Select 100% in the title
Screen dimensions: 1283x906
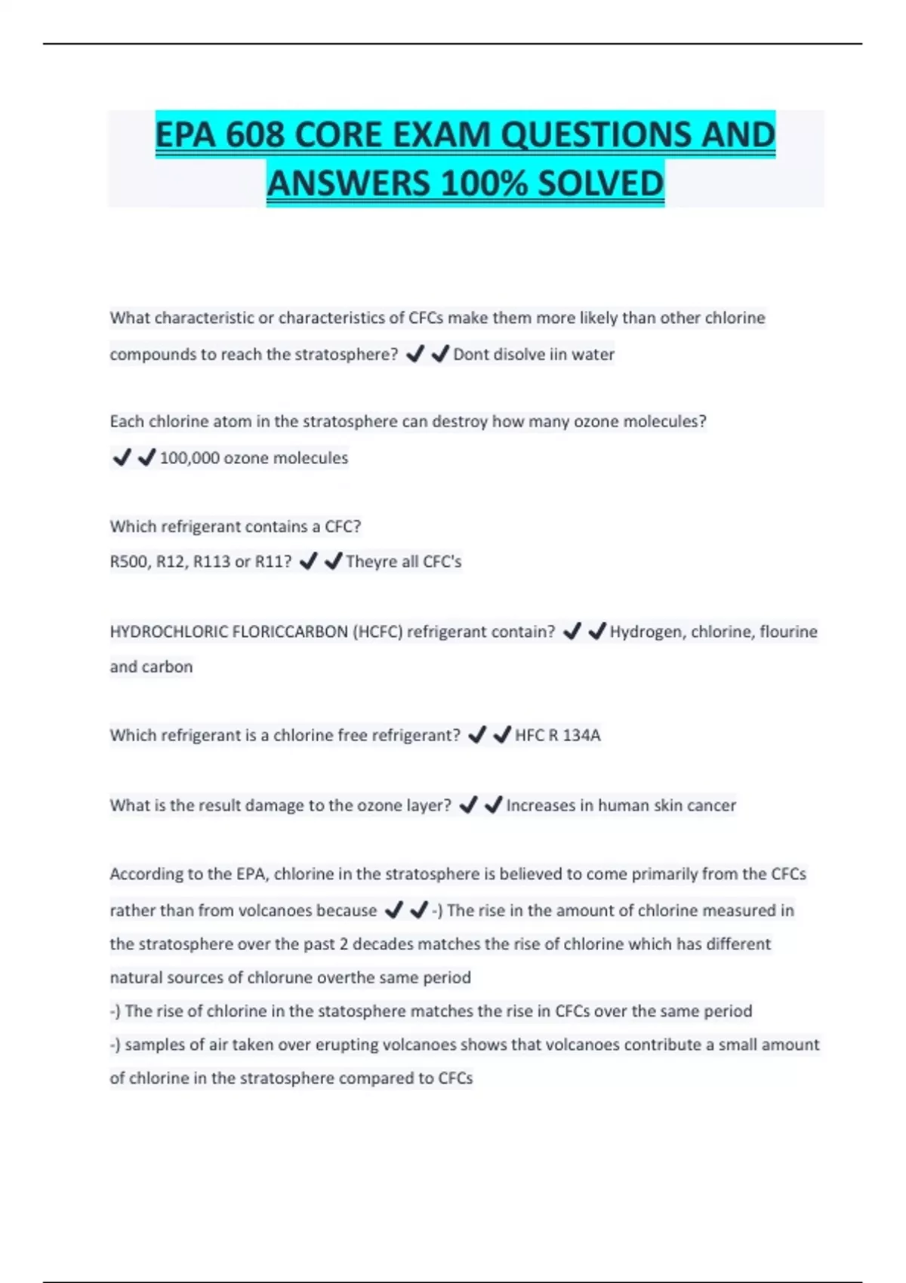(x=483, y=183)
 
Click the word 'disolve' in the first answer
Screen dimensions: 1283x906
(x=519, y=354)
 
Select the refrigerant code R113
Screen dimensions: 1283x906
(x=214, y=562)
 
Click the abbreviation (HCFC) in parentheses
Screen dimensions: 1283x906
(x=377, y=632)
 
